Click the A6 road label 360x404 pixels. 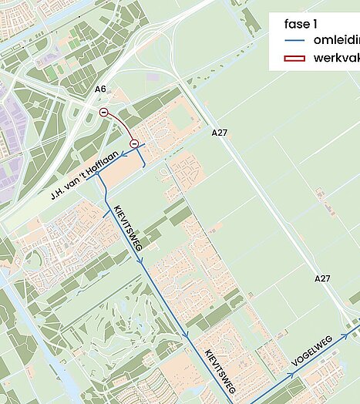(100, 89)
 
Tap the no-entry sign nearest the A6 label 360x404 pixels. (104, 113)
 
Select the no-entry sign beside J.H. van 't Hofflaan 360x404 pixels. (134, 143)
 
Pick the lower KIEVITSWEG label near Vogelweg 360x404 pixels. (220, 368)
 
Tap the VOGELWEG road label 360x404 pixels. (311, 351)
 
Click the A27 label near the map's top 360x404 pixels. (220, 133)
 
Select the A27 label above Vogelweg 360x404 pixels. (322, 278)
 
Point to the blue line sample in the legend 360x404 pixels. (293, 40)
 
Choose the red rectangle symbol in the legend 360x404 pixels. (293, 58)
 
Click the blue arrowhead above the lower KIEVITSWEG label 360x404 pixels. (187, 335)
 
